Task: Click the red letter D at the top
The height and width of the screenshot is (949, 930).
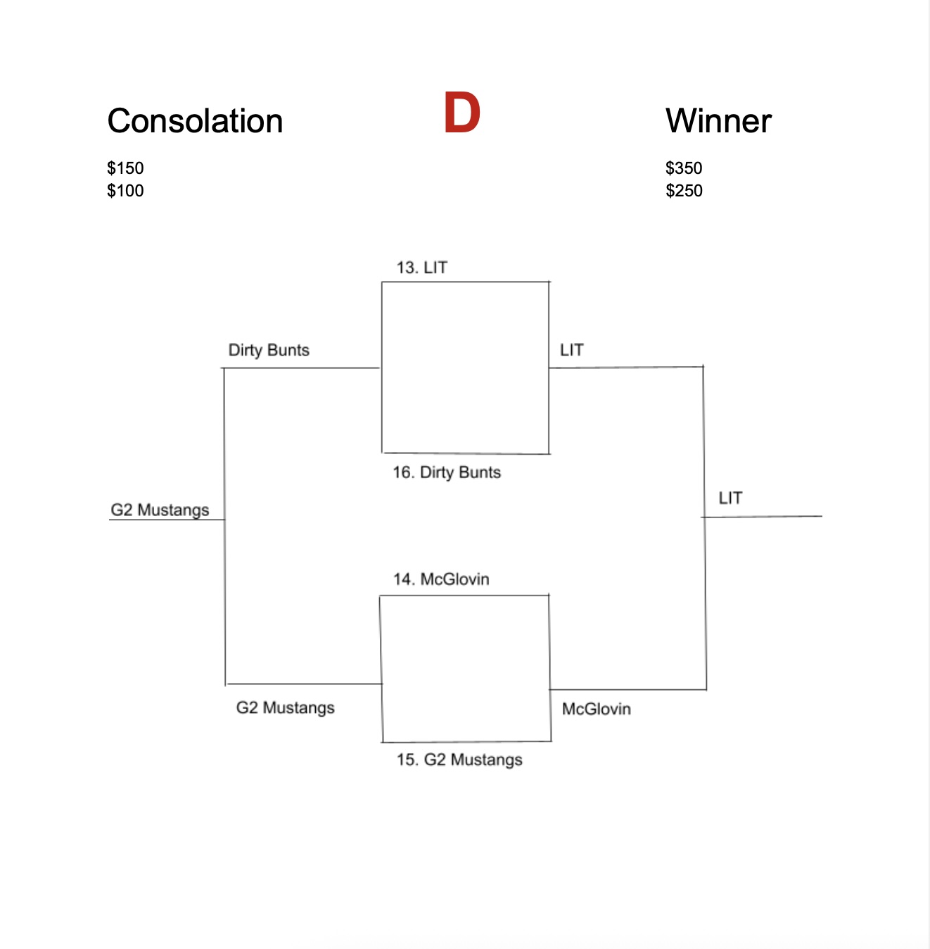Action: [461, 112]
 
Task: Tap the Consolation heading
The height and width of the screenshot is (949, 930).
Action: [195, 120]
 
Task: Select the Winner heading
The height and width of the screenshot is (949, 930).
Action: [718, 120]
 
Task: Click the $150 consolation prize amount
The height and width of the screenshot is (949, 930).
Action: [125, 168]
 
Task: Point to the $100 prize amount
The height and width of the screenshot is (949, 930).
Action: [125, 191]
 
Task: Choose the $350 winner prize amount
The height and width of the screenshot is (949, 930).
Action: [684, 168]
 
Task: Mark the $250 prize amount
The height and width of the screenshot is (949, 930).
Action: [684, 191]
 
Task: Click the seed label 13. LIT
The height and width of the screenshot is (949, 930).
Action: [422, 268]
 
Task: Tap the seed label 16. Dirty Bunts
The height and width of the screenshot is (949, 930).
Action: [447, 472]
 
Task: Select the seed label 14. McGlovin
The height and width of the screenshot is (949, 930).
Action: [441, 579]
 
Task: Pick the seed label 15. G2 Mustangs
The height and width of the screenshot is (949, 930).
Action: [459, 760]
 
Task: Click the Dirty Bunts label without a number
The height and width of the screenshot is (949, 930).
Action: [269, 350]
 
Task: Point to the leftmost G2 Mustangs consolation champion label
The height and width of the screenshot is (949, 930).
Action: [160, 510]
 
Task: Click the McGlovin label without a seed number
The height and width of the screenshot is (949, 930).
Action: [597, 709]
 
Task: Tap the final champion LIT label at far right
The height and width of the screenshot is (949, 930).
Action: [730, 498]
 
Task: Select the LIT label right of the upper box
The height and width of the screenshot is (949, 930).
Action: [572, 350]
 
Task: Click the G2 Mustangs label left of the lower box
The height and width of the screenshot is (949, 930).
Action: [285, 708]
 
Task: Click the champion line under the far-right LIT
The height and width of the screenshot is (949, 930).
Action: [762, 517]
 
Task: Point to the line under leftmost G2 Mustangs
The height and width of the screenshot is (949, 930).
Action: [167, 520]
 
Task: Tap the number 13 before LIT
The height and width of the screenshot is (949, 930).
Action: [407, 268]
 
